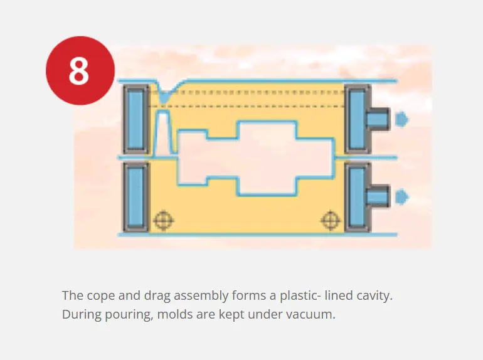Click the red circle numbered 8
pyautogui.click(x=80, y=70)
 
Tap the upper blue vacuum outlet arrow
pyautogui.click(x=401, y=119)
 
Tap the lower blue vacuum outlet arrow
pyautogui.click(x=401, y=197)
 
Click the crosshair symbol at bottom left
pyautogui.click(x=164, y=220)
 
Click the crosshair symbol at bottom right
pyautogui.click(x=331, y=220)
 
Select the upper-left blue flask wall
pyautogui.click(x=136, y=119)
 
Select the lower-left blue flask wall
pyautogui.click(x=136, y=198)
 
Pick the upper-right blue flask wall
pyautogui.click(x=358, y=119)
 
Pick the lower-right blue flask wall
pyautogui.click(x=358, y=198)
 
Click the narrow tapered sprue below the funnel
pyautogui.click(x=164, y=132)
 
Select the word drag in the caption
pyautogui.click(x=157, y=296)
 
